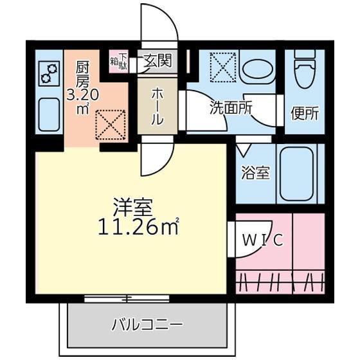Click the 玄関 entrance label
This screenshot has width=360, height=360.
(158, 60)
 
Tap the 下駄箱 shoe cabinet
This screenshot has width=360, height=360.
(118, 62)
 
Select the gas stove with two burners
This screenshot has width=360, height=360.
(49, 73)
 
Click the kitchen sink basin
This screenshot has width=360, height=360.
(49, 114)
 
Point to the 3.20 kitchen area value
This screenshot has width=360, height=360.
(82, 95)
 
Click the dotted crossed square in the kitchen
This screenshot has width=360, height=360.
(111, 125)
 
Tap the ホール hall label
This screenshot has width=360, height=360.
(157, 106)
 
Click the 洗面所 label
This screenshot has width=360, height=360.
(231, 107)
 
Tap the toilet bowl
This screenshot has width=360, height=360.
(305, 70)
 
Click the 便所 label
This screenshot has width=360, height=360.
(305, 113)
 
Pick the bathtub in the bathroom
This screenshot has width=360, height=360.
(297, 174)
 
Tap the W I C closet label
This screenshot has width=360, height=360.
(263, 240)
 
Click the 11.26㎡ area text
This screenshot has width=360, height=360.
(139, 226)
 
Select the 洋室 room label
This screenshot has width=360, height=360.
(133, 207)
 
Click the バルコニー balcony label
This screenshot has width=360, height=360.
(147, 325)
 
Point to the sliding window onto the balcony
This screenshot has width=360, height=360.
(127, 298)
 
